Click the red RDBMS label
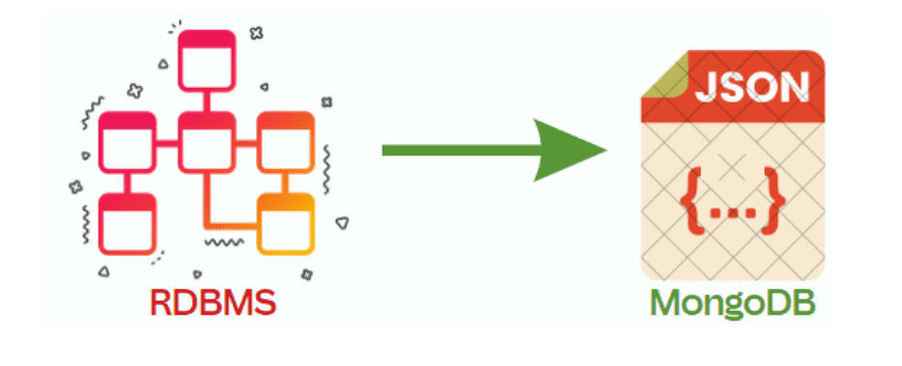[x=212, y=302]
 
